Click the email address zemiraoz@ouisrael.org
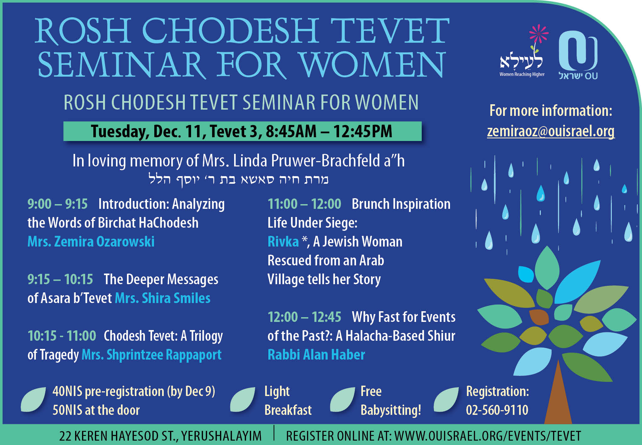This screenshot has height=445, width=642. [551, 131]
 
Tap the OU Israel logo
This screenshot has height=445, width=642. [578, 55]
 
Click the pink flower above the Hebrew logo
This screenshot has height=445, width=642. [539, 34]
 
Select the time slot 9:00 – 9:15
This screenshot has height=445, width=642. [58, 204]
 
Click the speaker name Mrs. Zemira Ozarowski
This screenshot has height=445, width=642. [91, 241]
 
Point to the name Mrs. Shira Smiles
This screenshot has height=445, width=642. [163, 298]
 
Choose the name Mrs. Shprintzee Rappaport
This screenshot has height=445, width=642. [151, 355]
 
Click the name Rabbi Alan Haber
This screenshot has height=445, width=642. [316, 355]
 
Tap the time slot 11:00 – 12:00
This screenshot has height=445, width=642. [304, 204]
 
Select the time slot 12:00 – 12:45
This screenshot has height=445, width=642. [304, 317]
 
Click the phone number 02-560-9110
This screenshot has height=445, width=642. [497, 410]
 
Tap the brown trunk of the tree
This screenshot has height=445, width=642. [558, 396]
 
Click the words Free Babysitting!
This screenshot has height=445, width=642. [391, 401]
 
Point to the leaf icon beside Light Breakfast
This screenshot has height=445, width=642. [242, 399]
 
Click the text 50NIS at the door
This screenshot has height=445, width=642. [96, 410]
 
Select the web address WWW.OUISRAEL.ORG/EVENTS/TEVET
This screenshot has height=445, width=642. [487, 436]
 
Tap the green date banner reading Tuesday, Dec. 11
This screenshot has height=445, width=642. [242, 131]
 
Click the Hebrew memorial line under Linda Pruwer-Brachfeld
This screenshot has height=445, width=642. [238, 180]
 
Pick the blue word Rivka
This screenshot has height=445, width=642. [283, 241]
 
